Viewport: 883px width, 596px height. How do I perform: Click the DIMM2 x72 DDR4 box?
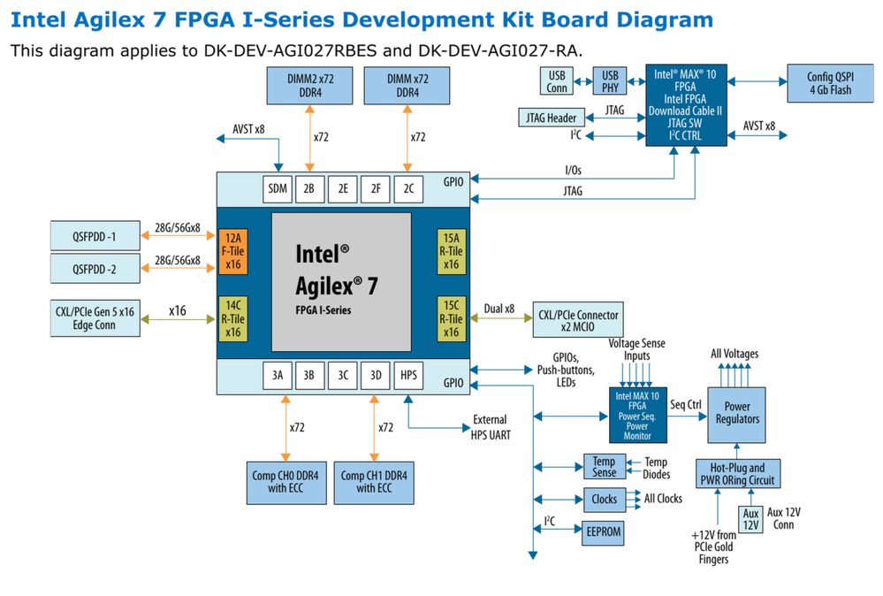[x=309, y=85]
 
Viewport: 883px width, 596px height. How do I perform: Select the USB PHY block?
[x=611, y=82]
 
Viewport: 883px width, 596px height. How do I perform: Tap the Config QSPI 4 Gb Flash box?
[x=829, y=82]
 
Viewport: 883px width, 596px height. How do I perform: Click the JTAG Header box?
[x=551, y=117]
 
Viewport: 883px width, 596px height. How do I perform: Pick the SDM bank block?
[x=278, y=188]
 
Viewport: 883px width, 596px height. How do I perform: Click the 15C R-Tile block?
[x=451, y=318]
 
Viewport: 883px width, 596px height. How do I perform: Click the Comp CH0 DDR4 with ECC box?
[x=285, y=482]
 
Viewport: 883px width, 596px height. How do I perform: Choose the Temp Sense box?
[x=604, y=467]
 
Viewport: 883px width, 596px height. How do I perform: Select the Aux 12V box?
[x=750, y=519]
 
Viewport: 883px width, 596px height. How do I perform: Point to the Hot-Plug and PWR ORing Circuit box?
[x=737, y=474]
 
